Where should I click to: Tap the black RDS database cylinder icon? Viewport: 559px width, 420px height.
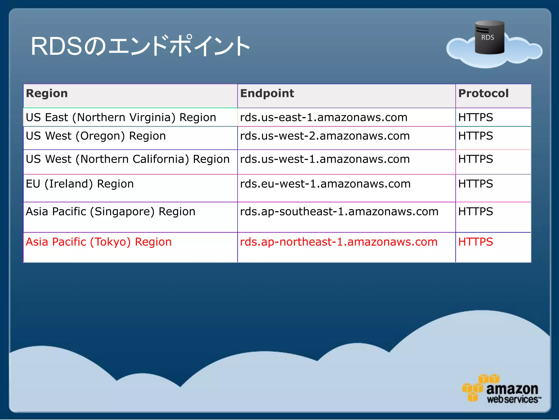coord(489,37)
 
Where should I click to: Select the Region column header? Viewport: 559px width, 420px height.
coord(47,94)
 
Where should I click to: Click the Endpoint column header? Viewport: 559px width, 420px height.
coord(267,94)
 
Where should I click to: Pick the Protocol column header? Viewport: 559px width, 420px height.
coord(483,94)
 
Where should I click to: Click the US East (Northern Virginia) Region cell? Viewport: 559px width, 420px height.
coord(121,117)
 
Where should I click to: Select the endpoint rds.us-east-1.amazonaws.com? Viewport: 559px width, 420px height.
coord(324,117)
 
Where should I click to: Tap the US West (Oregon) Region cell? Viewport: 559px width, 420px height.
coord(96,136)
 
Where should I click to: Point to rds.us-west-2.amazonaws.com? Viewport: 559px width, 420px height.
coord(325,136)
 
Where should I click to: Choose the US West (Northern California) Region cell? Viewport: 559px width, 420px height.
coord(127,159)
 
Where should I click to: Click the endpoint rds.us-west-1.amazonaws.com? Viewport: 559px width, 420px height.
coord(325,159)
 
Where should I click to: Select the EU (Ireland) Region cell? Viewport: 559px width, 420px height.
coord(80,184)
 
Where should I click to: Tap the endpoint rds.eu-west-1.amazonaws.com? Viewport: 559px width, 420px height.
coord(325,184)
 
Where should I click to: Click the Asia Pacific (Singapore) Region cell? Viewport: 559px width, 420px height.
coord(111,212)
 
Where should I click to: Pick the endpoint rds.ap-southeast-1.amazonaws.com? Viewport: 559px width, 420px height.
coord(339,212)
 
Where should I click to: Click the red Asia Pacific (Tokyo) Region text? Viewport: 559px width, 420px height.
coord(99,242)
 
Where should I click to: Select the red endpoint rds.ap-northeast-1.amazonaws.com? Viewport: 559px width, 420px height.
coord(339,242)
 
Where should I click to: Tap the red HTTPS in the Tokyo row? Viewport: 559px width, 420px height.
coord(475,242)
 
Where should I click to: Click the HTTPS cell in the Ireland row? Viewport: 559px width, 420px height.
coord(475,184)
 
